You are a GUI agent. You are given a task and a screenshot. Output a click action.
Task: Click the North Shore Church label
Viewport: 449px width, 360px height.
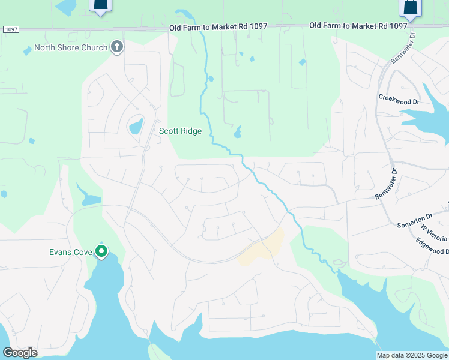(x=71, y=48)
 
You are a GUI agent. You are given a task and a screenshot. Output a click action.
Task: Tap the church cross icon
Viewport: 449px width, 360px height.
(x=117, y=47)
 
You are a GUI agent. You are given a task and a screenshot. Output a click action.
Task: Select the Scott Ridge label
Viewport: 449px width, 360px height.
(x=180, y=131)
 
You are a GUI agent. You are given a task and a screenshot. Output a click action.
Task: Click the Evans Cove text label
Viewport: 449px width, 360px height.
(x=70, y=252)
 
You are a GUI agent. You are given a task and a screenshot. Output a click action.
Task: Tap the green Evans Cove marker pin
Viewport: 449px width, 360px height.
(x=102, y=252)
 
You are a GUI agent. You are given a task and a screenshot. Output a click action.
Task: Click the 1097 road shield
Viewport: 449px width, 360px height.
(x=10, y=29)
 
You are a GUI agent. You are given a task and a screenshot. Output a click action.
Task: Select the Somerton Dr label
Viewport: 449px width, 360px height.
(x=414, y=220)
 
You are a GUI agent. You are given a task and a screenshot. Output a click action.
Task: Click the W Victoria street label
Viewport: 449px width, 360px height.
(x=434, y=231)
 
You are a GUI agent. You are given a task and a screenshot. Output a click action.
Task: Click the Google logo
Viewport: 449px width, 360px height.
(x=20, y=352)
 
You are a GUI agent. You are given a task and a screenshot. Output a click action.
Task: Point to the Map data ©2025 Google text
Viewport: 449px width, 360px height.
(x=411, y=355)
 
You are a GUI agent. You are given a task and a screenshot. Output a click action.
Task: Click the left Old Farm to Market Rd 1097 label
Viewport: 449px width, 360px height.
(x=218, y=27)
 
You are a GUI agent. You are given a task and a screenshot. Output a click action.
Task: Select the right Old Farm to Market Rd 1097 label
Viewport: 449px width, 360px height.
(x=358, y=26)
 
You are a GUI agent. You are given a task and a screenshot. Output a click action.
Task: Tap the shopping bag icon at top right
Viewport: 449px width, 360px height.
(x=411, y=8)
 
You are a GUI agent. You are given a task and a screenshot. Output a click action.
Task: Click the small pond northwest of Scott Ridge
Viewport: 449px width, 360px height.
(x=136, y=126)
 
